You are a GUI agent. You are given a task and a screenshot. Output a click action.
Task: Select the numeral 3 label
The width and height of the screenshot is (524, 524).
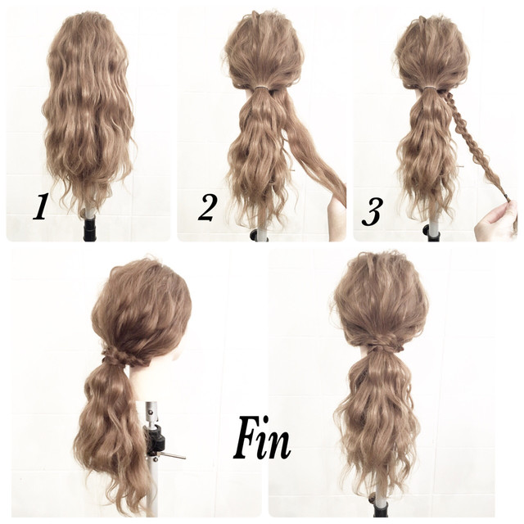373,211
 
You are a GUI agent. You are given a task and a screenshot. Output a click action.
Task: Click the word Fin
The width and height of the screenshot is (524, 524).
262,439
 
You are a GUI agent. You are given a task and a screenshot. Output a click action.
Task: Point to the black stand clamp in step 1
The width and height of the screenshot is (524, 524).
89,228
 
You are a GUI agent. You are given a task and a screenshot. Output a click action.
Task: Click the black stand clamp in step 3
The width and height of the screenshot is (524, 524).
431,233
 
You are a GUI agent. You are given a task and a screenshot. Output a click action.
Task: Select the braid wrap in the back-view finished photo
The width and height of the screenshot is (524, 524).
382,342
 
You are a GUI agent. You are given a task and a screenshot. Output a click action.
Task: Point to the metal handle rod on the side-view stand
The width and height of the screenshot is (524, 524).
172,455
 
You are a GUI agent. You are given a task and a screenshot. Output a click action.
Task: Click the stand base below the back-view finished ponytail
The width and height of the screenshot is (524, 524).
380,508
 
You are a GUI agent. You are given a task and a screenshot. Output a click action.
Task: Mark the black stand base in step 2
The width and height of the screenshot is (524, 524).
259,235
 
